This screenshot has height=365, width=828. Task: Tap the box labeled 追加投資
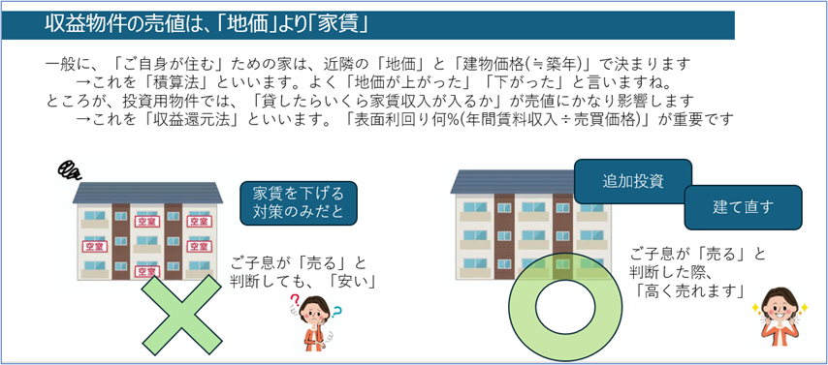pyautogui.click(x=632, y=180)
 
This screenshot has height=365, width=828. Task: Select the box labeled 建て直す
pyautogui.click(x=743, y=206)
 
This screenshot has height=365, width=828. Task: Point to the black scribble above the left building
pyautogui.click(x=70, y=170)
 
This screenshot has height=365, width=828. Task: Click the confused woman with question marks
pyautogui.click(x=314, y=319)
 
